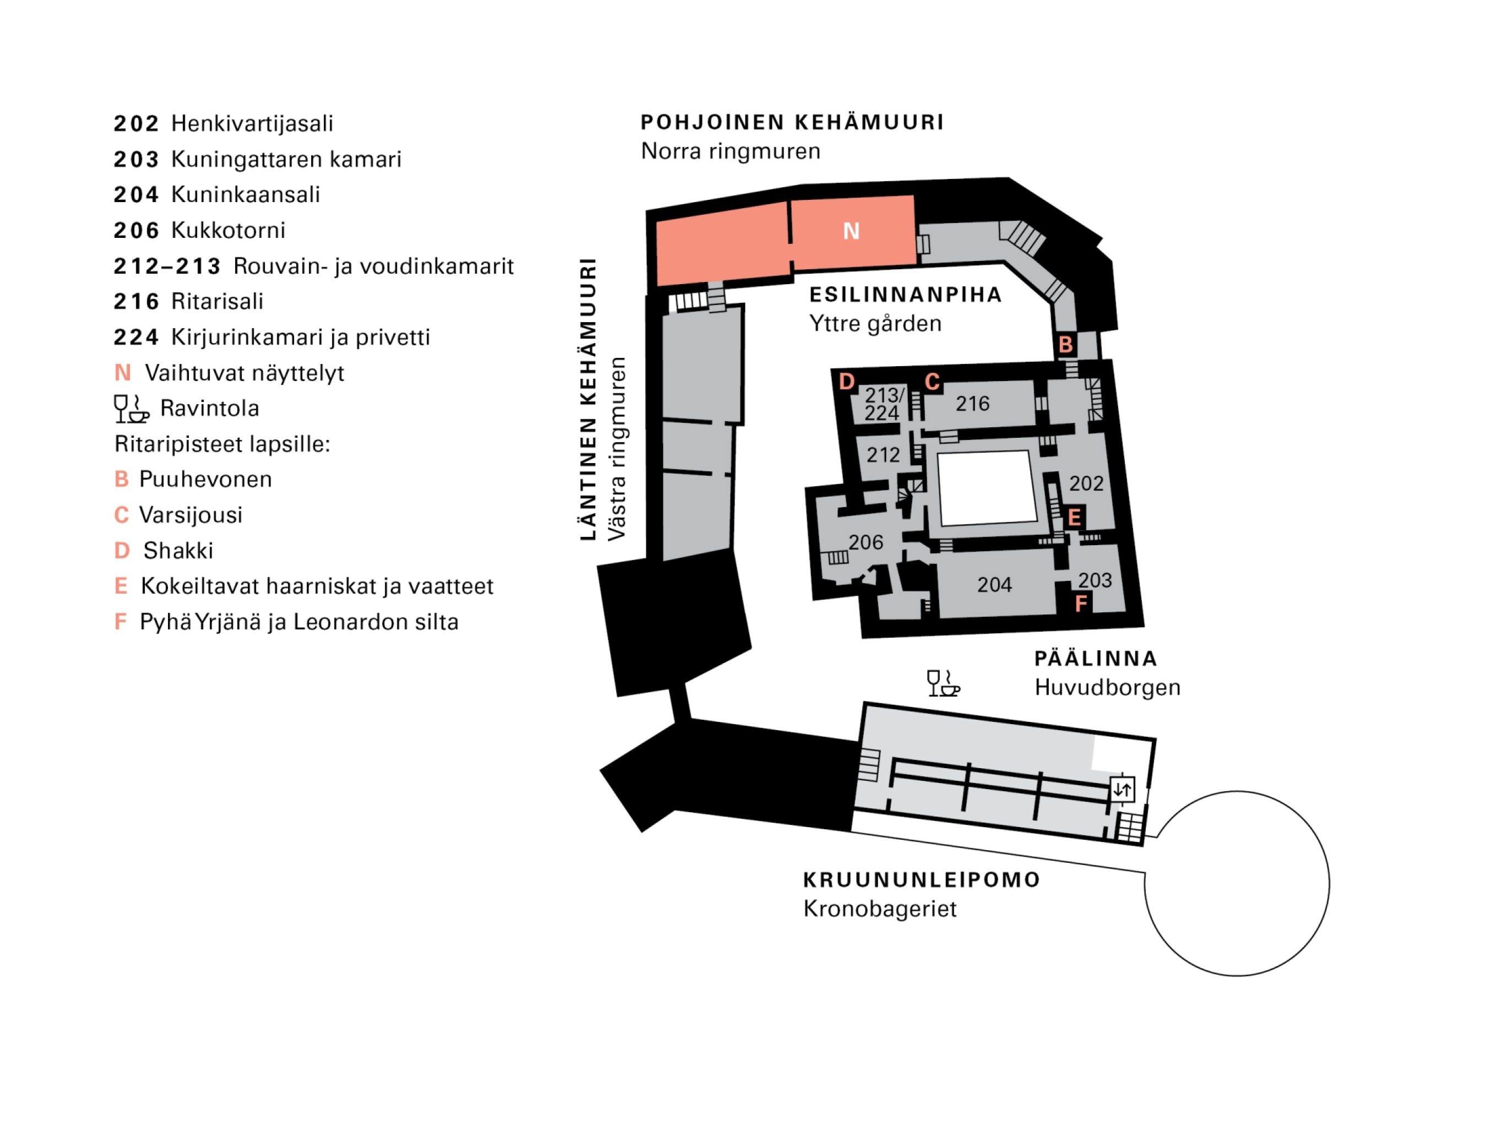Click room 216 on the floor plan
pyautogui.click(x=972, y=404)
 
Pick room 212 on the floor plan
pyautogui.click(x=883, y=455)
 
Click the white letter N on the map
pyautogui.click(x=851, y=231)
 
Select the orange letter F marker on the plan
pyautogui.click(x=1081, y=604)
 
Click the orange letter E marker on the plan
pyautogui.click(x=1074, y=517)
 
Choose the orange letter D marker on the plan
pyautogui.click(x=847, y=381)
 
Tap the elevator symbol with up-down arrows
pyautogui.click(x=1122, y=790)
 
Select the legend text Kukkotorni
pyautogui.click(x=228, y=230)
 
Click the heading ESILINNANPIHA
pyautogui.click(x=905, y=295)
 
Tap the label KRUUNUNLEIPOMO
pyautogui.click(x=922, y=879)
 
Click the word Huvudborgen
pyautogui.click(x=1107, y=688)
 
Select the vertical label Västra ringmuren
pyautogui.click(x=617, y=449)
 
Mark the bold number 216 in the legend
pyautogui.click(x=136, y=301)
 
